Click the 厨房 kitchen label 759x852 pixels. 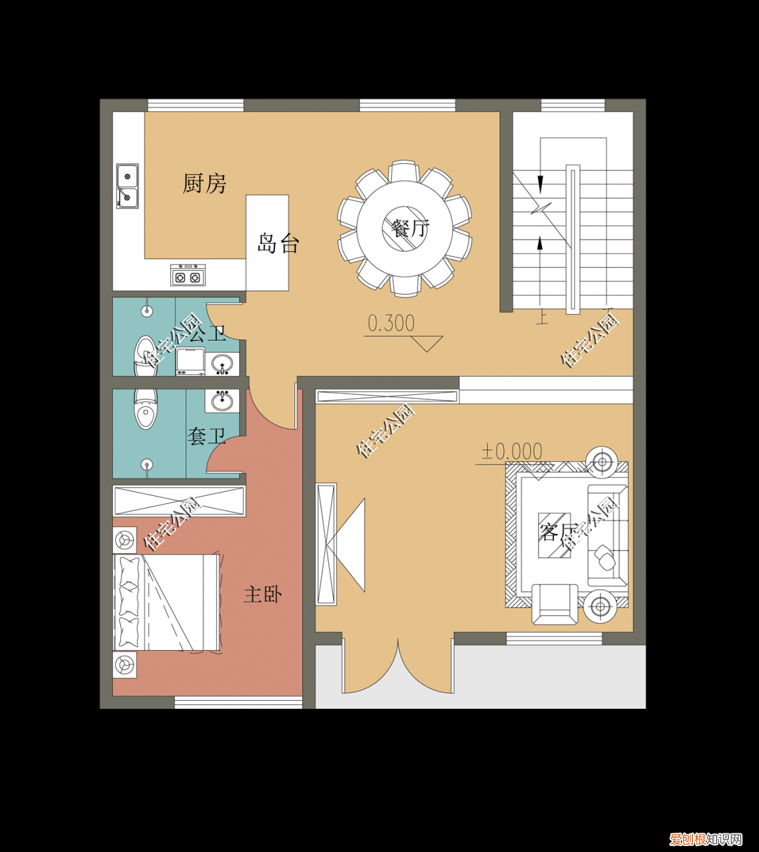(204, 184)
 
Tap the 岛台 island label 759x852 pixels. (278, 243)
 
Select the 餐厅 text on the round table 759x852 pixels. (409, 228)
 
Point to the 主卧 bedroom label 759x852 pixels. (263, 594)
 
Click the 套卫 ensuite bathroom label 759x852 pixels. (206, 436)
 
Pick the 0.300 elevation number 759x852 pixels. (391, 323)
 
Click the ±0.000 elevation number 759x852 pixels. (512, 452)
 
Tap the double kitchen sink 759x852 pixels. (127, 186)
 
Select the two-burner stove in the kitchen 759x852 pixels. (188, 275)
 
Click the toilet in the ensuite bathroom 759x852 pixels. (146, 408)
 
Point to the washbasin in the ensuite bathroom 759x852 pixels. (222, 400)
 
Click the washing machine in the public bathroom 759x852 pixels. (190, 361)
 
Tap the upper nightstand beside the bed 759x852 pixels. (125, 540)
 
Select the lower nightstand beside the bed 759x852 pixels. (125, 665)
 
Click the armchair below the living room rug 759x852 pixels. (555, 604)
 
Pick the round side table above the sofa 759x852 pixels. (602, 462)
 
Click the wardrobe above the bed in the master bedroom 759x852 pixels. (179, 501)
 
